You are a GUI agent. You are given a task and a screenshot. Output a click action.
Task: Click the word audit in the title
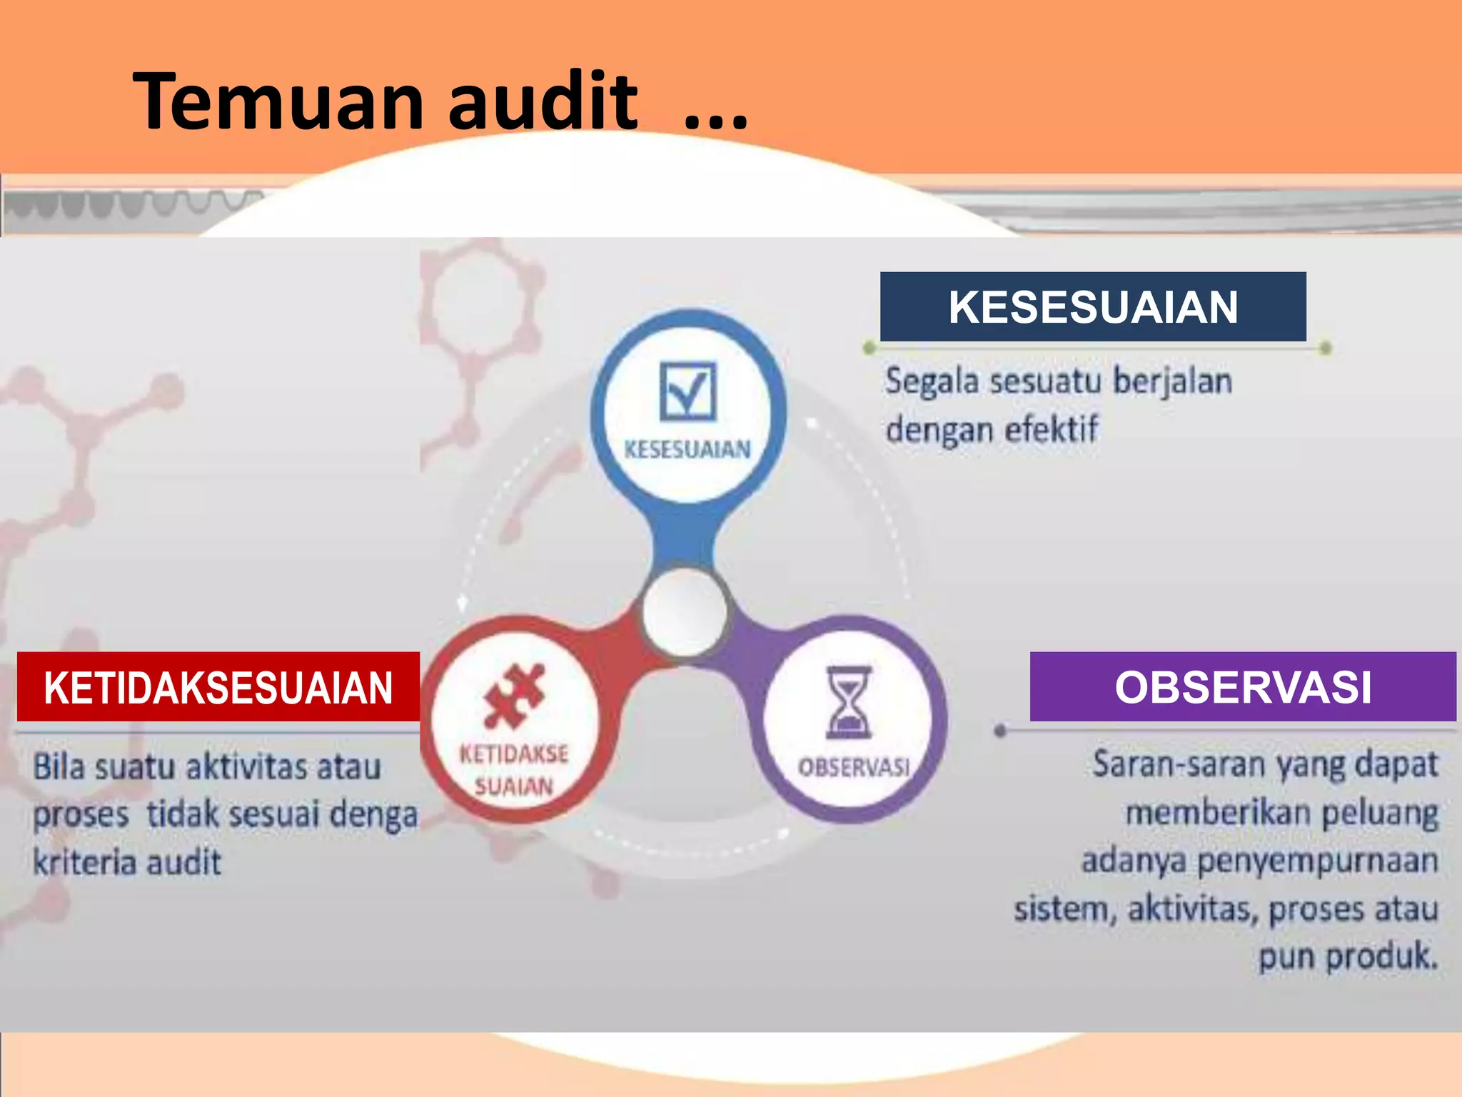543,102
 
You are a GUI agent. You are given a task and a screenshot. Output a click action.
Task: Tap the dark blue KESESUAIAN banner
1092,307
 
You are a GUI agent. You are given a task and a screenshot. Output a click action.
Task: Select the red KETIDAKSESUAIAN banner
218,687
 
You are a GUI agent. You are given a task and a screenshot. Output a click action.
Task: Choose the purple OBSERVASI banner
1242,687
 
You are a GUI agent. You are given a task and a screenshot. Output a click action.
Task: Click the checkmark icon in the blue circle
687,391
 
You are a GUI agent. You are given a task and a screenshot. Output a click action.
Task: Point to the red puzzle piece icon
514,695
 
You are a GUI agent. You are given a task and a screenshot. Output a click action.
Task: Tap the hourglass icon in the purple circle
849,701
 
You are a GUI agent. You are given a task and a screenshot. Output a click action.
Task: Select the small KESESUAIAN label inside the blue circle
687,450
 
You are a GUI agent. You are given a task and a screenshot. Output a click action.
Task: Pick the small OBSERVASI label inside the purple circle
854,768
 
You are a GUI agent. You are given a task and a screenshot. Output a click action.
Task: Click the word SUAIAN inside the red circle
514,786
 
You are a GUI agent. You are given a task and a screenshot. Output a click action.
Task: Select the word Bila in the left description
59,767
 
